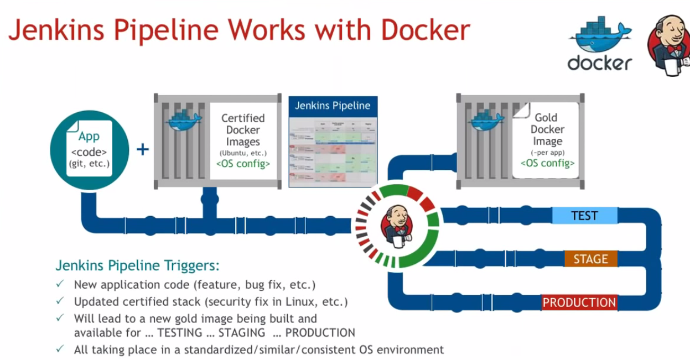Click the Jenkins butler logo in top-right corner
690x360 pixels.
669,45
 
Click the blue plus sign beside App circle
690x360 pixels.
143,149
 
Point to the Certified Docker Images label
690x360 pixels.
243,130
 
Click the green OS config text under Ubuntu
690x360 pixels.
243,164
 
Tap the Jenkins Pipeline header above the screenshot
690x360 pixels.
332,106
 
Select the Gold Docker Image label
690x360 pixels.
547,129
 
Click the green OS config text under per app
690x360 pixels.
547,163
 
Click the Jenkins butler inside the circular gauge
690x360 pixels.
397,225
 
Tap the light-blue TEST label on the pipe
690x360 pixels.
584,216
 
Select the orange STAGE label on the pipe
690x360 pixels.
590,259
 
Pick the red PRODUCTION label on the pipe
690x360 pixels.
579,302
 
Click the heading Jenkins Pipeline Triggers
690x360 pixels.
137,265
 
